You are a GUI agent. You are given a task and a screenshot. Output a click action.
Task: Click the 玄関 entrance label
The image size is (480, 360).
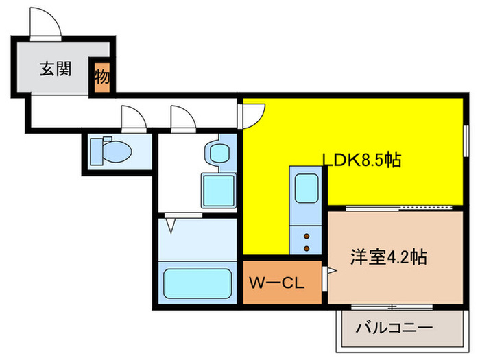pyautogui.click(x=56, y=69)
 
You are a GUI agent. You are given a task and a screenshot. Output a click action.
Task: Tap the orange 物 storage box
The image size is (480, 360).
pyautogui.click(x=101, y=76)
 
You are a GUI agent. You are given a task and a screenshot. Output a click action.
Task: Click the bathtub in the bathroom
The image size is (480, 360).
pyautogui.click(x=196, y=282)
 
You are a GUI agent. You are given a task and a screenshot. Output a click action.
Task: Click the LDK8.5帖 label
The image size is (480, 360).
pyautogui.click(x=362, y=160)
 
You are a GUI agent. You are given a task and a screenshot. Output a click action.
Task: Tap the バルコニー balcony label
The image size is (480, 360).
pyautogui.click(x=394, y=328)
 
